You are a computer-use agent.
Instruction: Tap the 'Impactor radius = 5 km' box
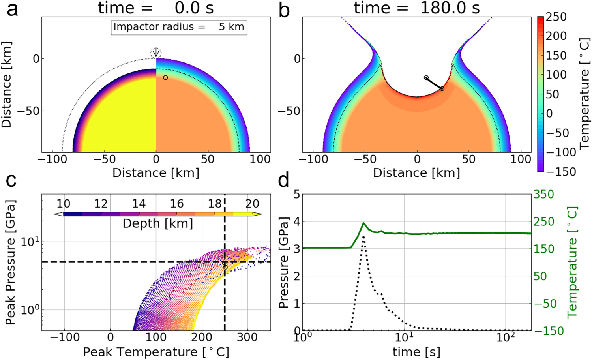(x=179, y=27)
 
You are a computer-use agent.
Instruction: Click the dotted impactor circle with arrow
(x=156, y=53)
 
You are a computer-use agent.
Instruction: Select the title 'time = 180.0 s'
(x=416, y=8)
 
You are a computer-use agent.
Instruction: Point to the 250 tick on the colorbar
(x=556, y=17)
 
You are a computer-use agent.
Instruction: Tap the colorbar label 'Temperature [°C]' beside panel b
(x=585, y=94)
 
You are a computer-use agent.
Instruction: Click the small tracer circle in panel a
(x=165, y=78)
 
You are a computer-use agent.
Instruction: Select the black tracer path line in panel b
(x=434, y=83)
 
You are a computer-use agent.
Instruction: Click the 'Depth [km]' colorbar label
(x=157, y=224)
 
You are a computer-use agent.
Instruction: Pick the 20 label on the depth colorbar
(x=252, y=204)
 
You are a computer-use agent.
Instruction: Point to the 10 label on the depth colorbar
(x=63, y=204)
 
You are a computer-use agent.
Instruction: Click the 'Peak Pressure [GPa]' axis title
(x=11, y=262)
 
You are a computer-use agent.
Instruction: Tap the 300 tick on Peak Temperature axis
(x=248, y=337)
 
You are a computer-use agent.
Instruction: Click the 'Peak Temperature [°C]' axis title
(x=156, y=352)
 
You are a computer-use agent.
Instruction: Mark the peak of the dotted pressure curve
(x=363, y=237)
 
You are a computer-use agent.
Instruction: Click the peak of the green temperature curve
(x=364, y=223)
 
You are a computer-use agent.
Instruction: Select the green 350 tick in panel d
(x=543, y=195)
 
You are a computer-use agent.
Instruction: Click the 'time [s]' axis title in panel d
(x=416, y=352)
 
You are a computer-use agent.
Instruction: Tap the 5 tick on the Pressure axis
(x=296, y=195)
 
